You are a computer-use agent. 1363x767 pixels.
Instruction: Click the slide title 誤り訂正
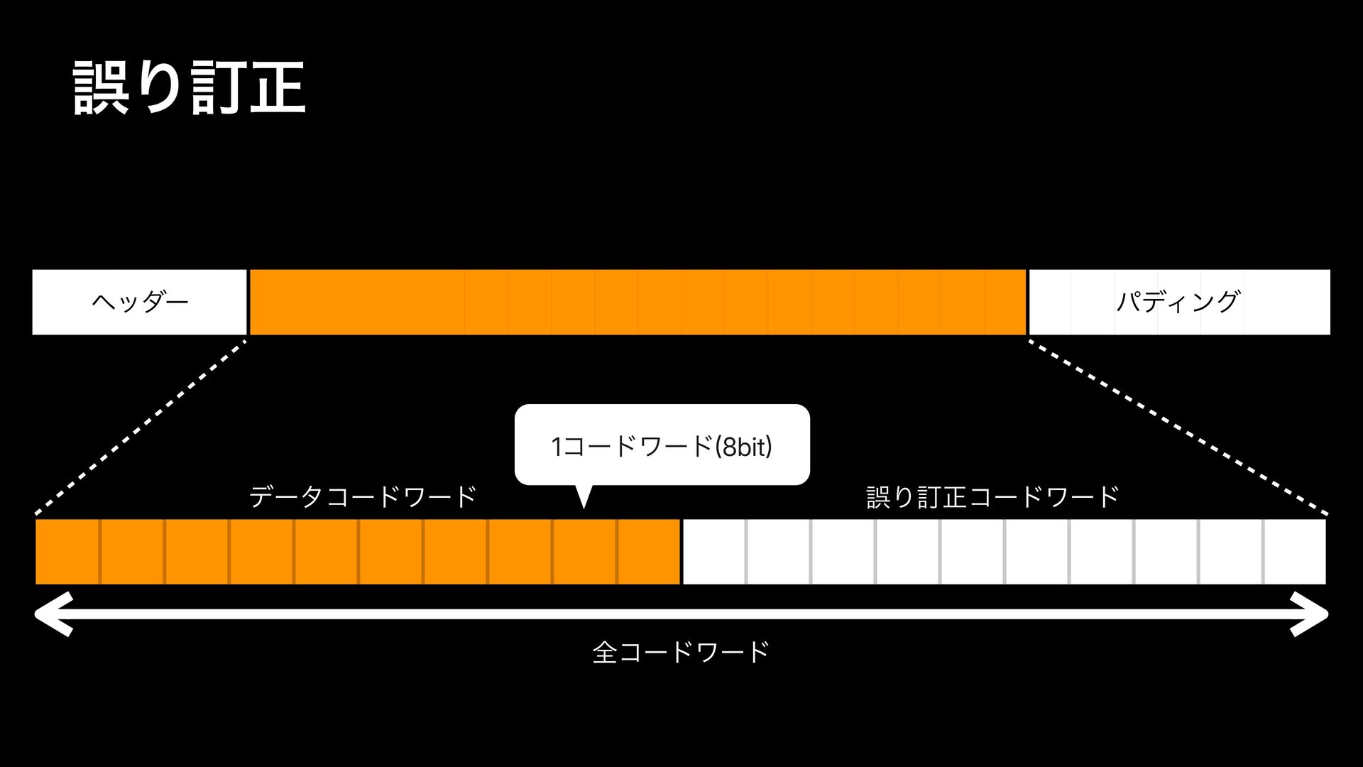[190, 88]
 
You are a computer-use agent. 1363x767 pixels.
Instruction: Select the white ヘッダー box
[139, 302]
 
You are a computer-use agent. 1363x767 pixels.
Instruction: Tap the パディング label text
[1178, 302]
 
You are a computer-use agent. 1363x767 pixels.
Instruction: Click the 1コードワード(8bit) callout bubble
[662, 445]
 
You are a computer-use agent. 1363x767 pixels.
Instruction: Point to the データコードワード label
[363, 496]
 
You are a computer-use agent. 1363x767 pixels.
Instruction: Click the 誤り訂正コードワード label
[992, 496]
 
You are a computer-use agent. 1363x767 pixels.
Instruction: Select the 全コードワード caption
[681, 651]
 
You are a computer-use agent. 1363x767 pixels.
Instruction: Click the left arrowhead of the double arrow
[53, 614]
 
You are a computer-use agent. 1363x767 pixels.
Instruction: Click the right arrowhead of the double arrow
[1310, 614]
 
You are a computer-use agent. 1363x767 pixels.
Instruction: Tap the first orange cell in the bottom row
[67, 552]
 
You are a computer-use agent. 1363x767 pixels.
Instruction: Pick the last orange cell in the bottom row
[648, 552]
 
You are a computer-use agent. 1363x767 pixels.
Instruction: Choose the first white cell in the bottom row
[714, 552]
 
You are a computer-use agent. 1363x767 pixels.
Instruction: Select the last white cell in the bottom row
[1295, 552]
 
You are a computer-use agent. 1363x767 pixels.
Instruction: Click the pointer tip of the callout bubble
[584, 504]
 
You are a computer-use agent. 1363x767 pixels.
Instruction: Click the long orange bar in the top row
[637, 302]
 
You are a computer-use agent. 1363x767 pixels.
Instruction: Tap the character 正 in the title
[278, 88]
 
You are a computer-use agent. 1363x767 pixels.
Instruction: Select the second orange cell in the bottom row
[132, 552]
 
